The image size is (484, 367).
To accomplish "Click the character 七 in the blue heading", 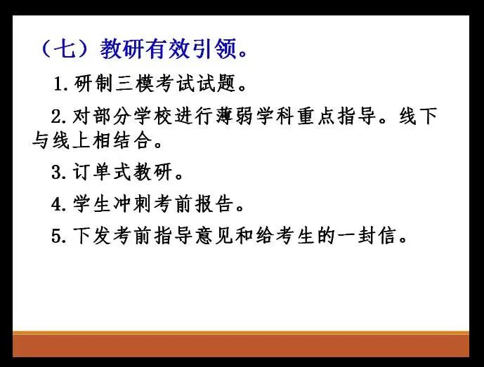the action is click(x=65, y=48).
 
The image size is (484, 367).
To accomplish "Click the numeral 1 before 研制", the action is click(x=58, y=84).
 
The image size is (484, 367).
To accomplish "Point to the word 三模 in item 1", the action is click(x=135, y=84).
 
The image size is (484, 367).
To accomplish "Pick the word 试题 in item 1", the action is click(x=216, y=84).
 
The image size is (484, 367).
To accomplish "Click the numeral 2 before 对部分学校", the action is click(x=57, y=117).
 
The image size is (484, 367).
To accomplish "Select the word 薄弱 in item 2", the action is click(x=235, y=116).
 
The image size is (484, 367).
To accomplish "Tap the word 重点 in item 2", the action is click(x=316, y=116).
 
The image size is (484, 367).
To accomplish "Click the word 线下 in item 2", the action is click(x=418, y=116).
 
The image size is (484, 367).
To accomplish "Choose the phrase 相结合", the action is click(x=122, y=141).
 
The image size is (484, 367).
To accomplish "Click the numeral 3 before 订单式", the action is click(x=57, y=172).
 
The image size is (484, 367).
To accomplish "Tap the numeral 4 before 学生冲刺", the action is click(x=57, y=204).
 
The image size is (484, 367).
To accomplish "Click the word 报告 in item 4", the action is click(x=214, y=204).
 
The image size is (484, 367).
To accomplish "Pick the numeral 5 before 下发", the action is click(x=57, y=236).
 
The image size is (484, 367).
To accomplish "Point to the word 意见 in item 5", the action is click(x=214, y=236).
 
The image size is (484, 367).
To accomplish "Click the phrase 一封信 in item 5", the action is click(x=367, y=236).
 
